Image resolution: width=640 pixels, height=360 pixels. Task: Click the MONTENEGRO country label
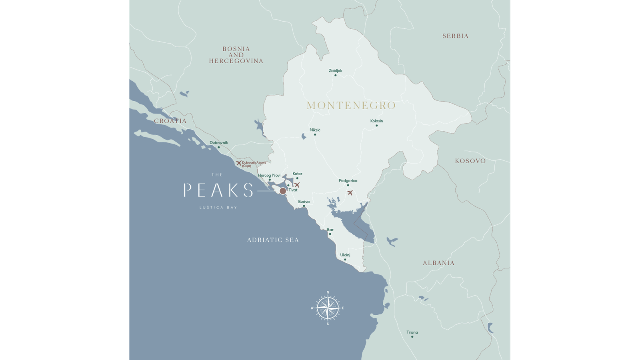tap(351, 106)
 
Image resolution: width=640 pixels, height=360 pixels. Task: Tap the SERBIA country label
tap(455, 36)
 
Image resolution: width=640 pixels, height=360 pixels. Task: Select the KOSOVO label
tap(470, 161)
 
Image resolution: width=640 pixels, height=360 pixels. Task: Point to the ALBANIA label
tap(438, 263)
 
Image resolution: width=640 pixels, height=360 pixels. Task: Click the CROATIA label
tap(170, 121)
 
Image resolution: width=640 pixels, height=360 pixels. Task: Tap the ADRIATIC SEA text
tap(273, 240)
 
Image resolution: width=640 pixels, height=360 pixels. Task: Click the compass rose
tap(328, 308)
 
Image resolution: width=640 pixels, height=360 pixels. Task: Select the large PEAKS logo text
tap(218, 190)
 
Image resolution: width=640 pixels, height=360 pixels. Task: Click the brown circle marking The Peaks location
tap(283, 191)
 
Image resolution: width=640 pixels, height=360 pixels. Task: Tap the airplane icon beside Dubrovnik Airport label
tap(239, 163)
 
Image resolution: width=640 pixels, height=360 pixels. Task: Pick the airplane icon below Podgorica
tap(350, 193)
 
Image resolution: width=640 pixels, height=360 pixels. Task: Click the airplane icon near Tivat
tap(297, 185)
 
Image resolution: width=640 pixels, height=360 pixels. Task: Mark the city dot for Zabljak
tap(335, 75)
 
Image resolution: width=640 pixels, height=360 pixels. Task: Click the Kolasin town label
tap(376, 121)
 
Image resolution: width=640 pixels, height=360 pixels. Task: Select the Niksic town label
tap(315, 130)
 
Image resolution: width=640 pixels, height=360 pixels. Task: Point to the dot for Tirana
tap(412, 337)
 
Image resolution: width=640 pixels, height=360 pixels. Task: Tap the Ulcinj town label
tap(345, 255)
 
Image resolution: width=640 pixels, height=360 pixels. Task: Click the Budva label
tap(304, 202)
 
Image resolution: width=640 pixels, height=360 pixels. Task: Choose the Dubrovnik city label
tap(219, 143)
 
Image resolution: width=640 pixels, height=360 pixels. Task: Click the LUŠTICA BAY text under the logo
tap(218, 208)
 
